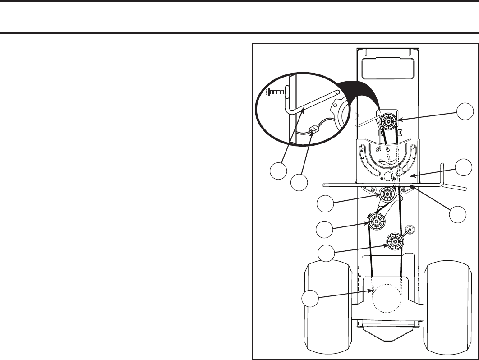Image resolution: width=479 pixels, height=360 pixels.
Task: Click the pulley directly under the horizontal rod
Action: click(387, 194)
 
